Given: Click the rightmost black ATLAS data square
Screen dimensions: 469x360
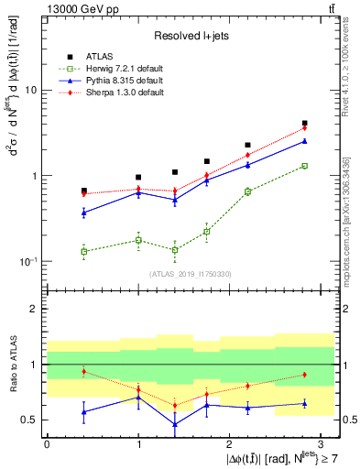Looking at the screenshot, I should (x=304, y=123).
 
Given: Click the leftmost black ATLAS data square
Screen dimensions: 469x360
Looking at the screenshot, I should (x=84, y=191).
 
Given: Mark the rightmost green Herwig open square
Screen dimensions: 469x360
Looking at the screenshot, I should (x=304, y=166).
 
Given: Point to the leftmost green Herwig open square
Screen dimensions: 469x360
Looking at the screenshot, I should (x=84, y=251).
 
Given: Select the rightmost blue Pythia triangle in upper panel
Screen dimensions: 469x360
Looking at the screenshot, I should (x=304, y=141).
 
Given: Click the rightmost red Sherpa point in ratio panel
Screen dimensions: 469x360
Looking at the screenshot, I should (x=304, y=375).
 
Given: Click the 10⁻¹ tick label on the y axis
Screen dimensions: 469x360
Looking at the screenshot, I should (x=29, y=261).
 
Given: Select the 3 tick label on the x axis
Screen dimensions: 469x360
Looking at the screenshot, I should (x=321, y=442).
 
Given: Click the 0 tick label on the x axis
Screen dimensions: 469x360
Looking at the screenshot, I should (x=47, y=442).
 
